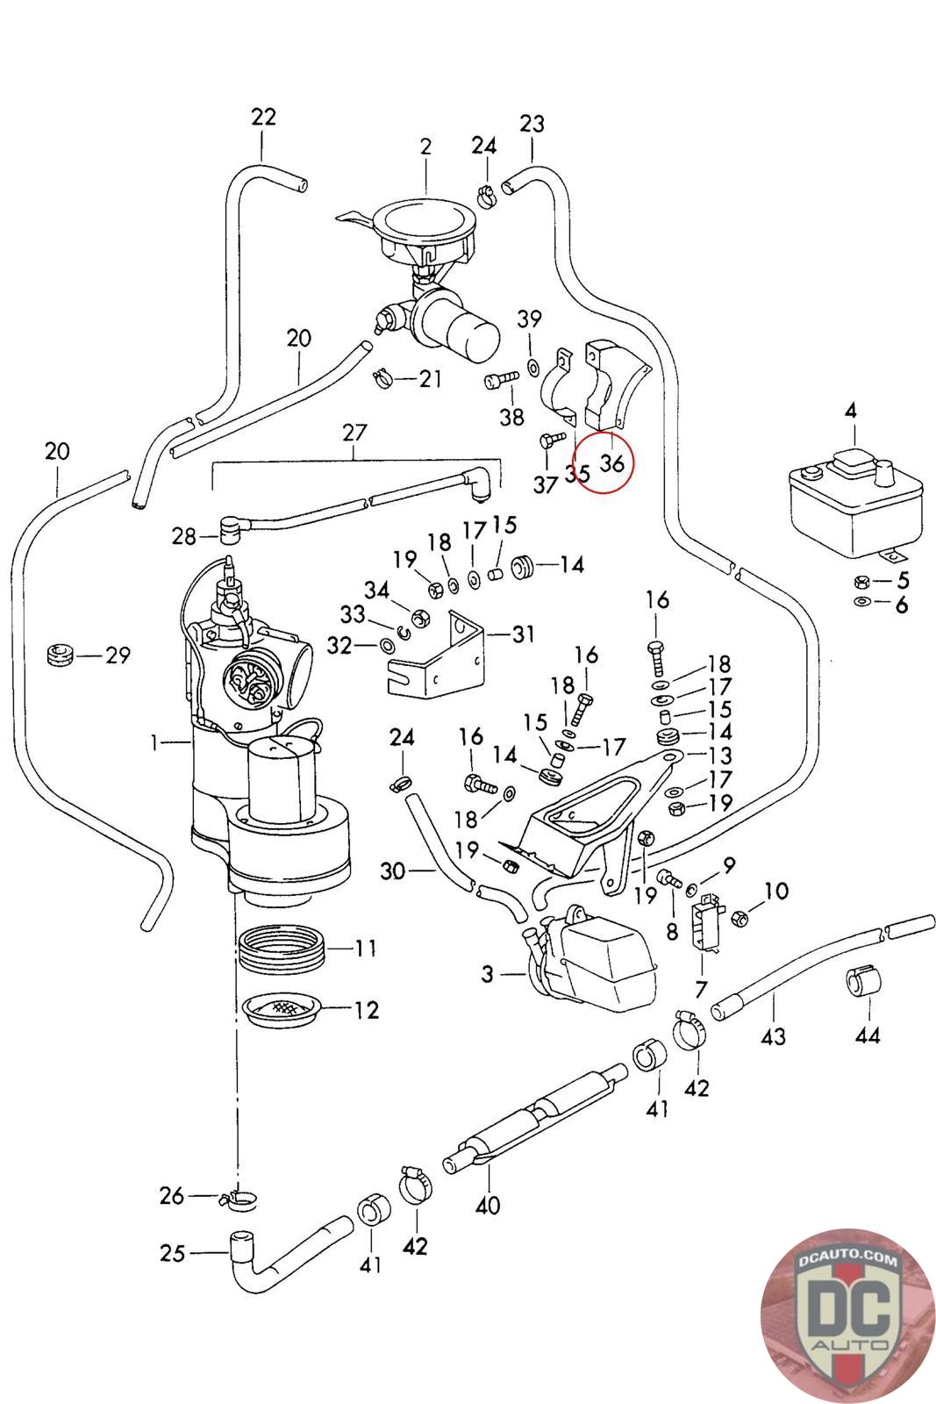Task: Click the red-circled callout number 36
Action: (x=611, y=462)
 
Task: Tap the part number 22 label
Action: (x=263, y=117)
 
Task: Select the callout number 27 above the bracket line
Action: (x=354, y=433)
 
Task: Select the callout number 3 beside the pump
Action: (x=487, y=973)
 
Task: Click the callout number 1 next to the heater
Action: (x=154, y=743)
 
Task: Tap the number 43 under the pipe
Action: (x=773, y=1036)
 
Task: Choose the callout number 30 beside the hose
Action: (x=395, y=871)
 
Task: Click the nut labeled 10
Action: (x=739, y=917)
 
